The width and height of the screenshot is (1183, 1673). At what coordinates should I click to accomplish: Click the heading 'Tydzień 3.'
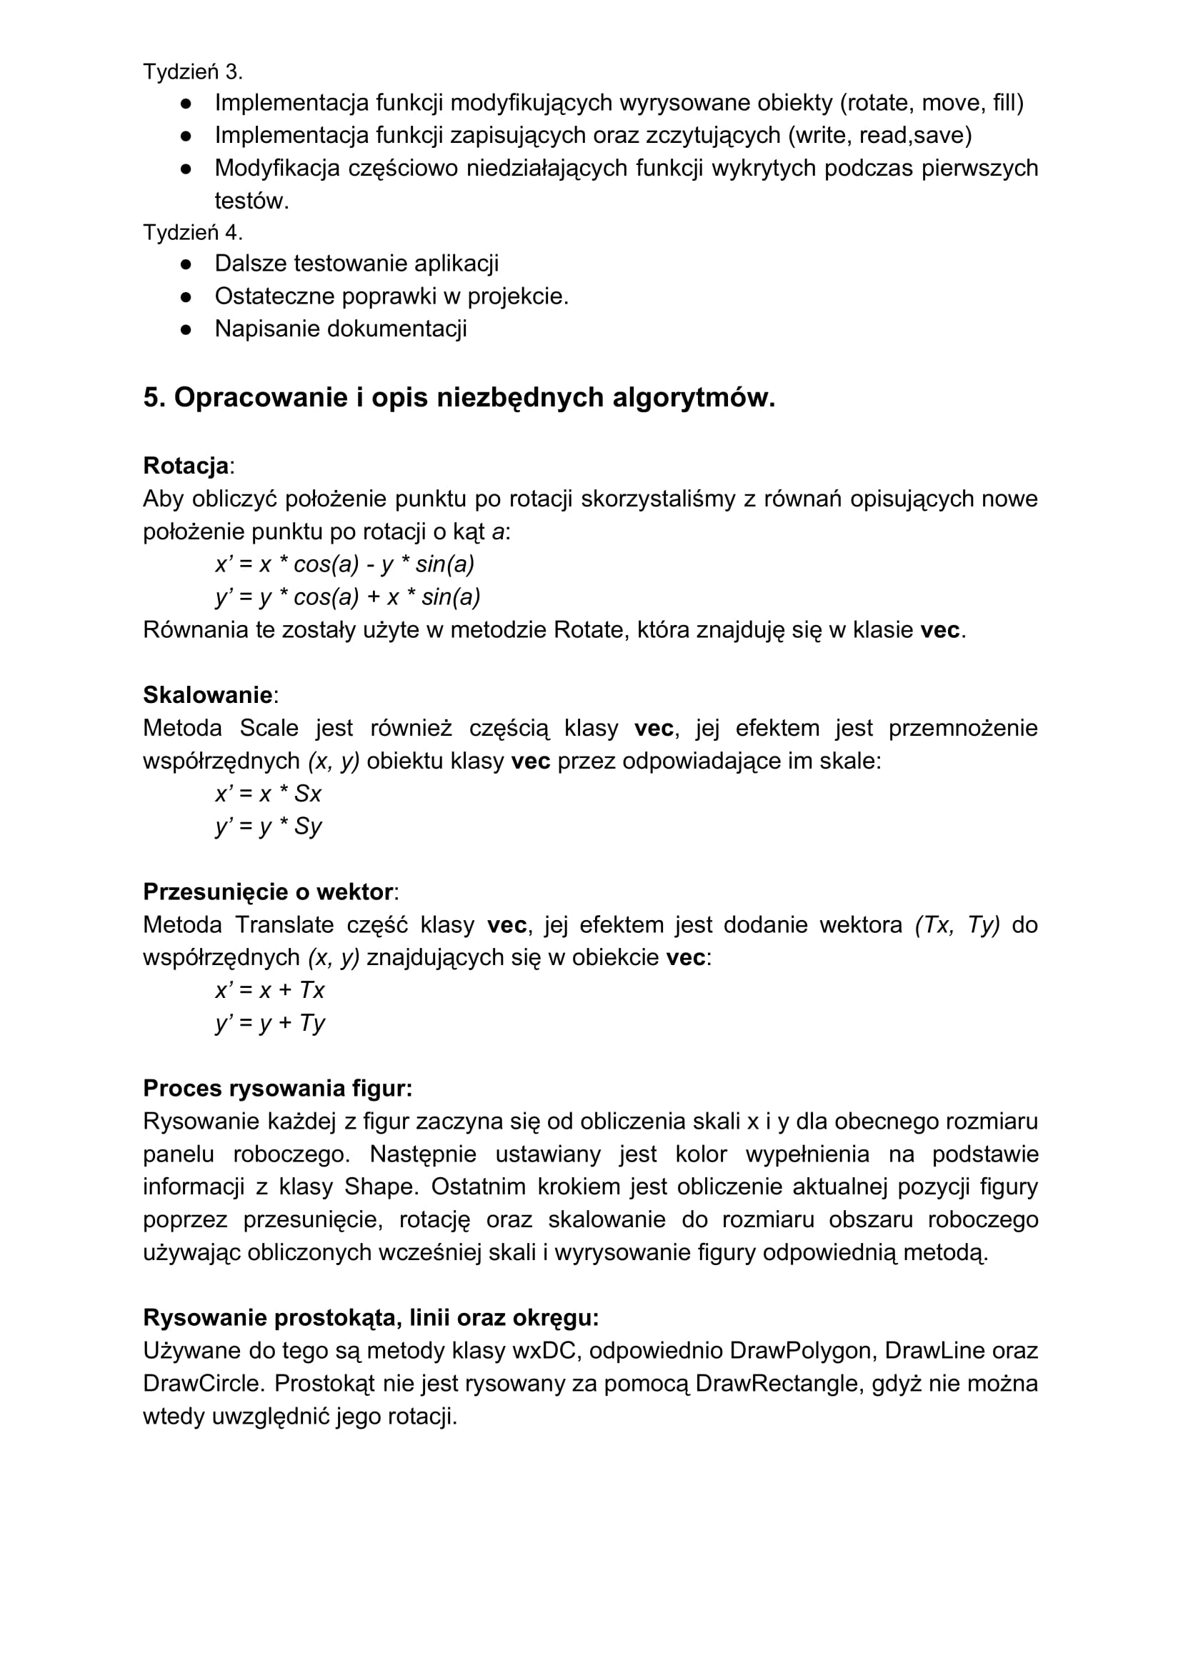pos(192,72)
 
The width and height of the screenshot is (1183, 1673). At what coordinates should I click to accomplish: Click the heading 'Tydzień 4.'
pos(192,232)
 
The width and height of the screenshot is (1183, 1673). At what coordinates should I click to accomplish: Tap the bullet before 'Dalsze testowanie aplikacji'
pos(186,264)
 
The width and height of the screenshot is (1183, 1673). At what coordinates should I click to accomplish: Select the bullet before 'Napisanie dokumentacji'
pos(186,329)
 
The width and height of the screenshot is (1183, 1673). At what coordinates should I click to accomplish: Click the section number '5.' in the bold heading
pos(154,398)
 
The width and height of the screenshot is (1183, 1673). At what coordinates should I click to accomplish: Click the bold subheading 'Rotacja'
pos(186,466)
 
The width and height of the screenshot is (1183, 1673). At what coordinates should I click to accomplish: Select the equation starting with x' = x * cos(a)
pos(345,564)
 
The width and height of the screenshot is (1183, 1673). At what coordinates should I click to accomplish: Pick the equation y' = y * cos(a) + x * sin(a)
pos(348,596)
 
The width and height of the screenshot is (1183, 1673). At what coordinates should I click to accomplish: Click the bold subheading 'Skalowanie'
pos(208,695)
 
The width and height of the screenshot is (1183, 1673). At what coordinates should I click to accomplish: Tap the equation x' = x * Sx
pos(268,793)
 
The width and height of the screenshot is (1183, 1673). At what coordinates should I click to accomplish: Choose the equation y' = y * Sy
pos(268,826)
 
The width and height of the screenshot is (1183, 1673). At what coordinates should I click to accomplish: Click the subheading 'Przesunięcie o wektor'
pos(267,892)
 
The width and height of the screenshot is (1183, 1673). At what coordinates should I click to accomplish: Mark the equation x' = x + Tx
pos(270,989)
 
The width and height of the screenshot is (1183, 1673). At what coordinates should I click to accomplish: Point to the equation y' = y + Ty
pos(270,1023)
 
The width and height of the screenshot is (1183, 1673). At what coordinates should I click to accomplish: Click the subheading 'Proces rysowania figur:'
pos(278,1089)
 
